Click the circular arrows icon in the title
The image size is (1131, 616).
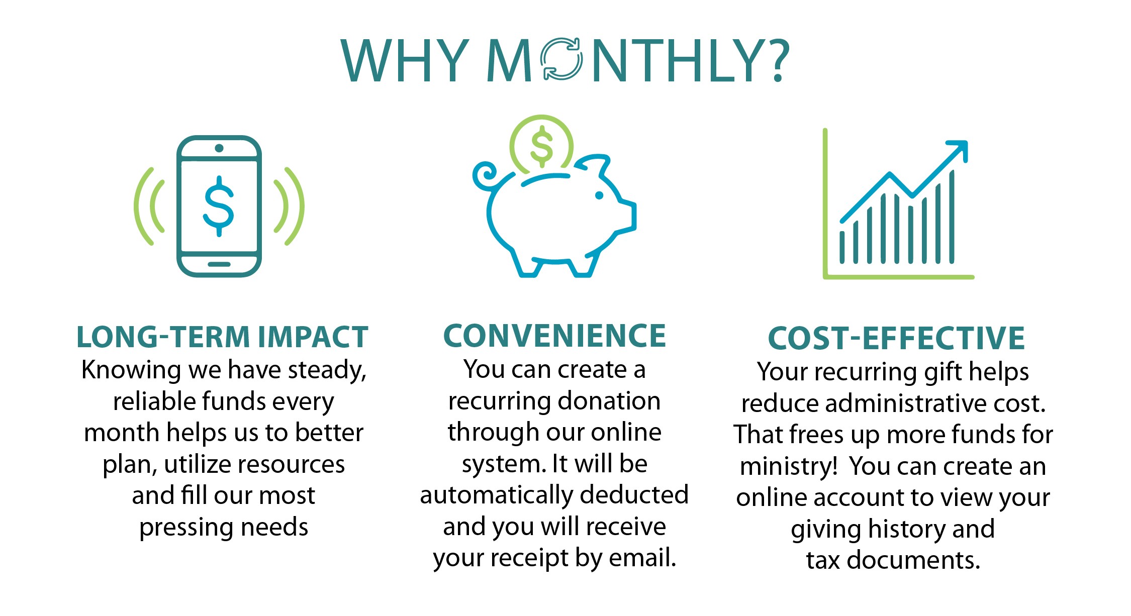click(561, 59)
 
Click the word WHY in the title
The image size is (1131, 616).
click(405, 60)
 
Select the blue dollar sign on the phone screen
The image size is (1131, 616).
click(219, 206)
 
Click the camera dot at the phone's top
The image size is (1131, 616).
click(219, 148)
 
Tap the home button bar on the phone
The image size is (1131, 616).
click(219, 264)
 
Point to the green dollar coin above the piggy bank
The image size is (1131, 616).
click(541, 146)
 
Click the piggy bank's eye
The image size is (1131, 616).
click(599, 195)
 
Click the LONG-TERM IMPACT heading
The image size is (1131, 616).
click(222, 337)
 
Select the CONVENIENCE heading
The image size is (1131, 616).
click(554, 336)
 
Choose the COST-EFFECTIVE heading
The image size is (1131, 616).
click(896, 338)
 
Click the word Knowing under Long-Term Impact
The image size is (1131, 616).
click(131, 370)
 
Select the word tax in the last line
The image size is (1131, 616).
click(823, 560)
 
